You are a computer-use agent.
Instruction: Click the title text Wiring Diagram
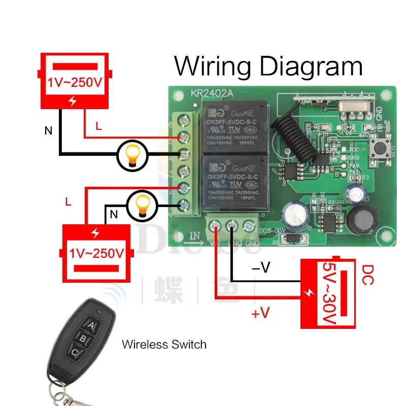268,66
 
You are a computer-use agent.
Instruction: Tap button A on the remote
91,325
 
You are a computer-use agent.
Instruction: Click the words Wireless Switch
164,345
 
